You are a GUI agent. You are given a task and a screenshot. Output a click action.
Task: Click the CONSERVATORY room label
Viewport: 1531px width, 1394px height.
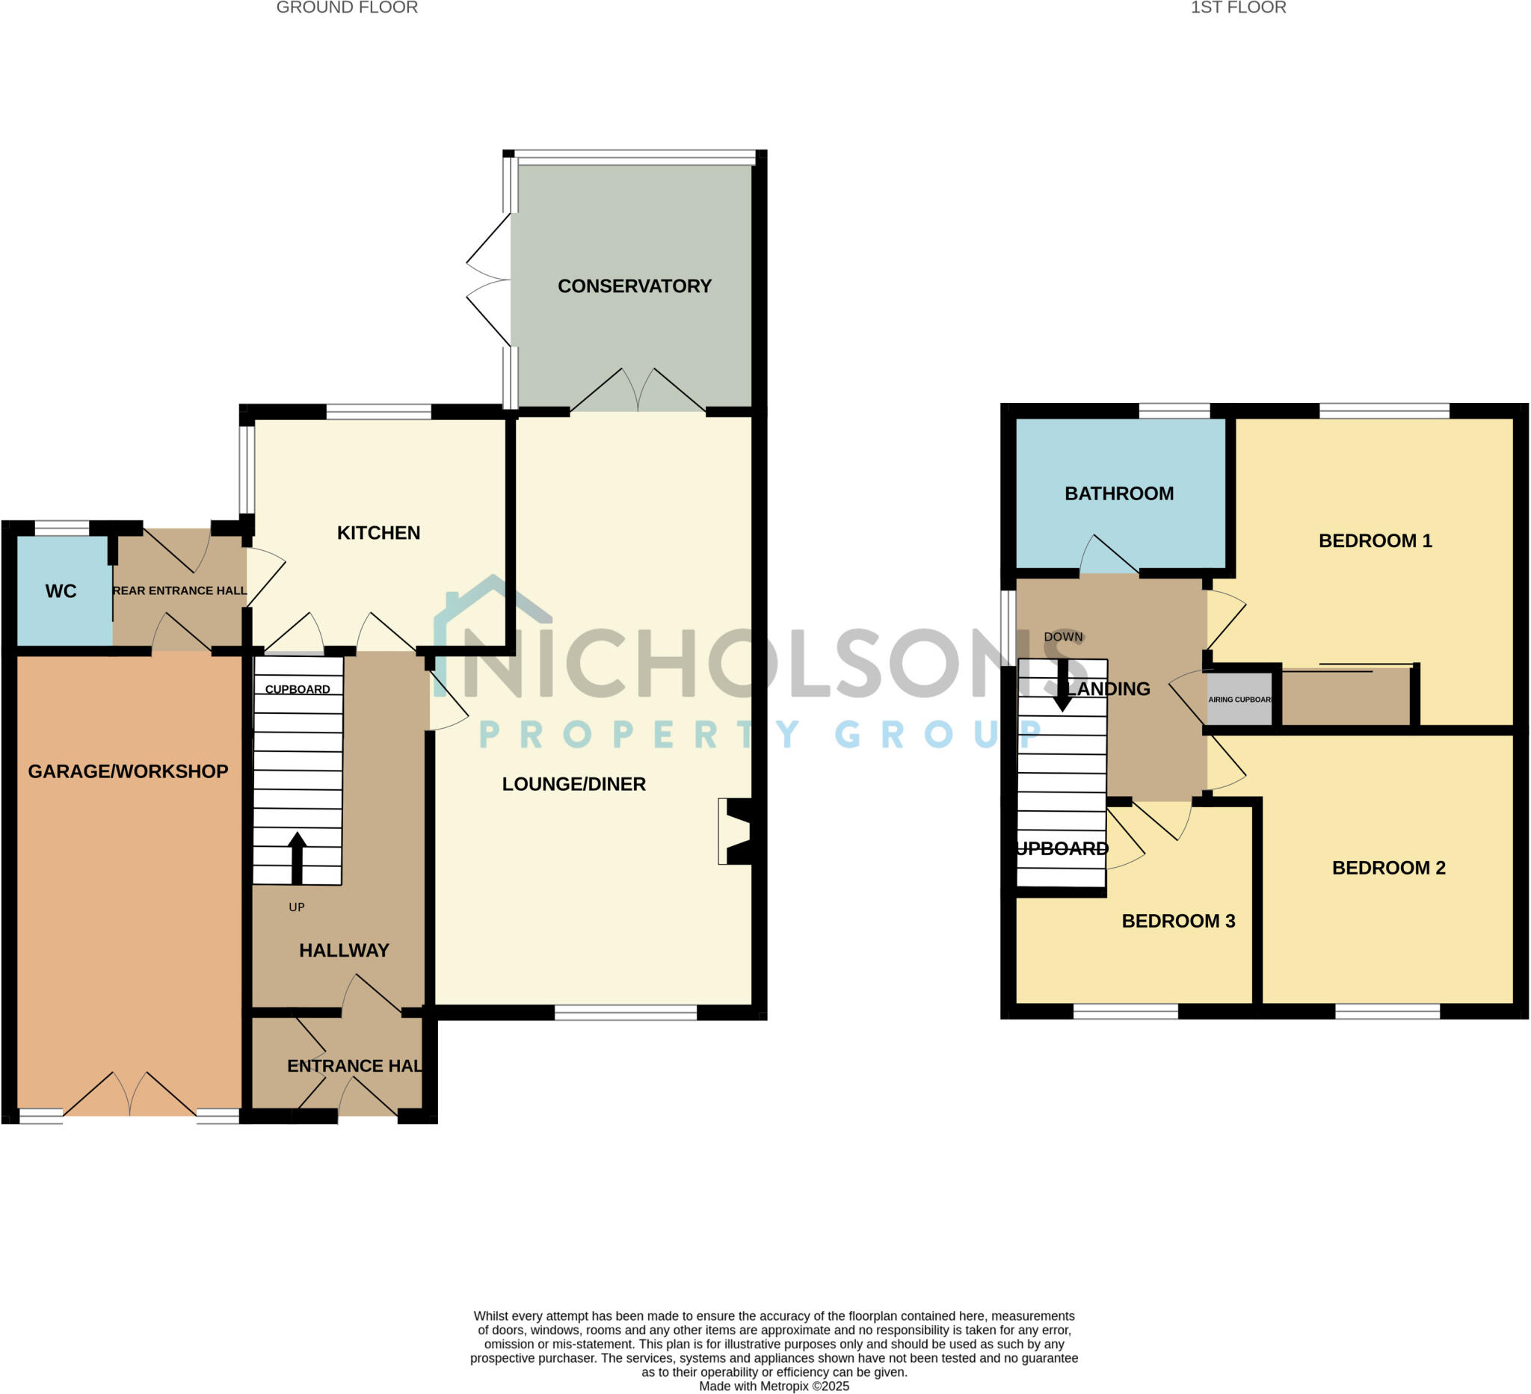point(634,286)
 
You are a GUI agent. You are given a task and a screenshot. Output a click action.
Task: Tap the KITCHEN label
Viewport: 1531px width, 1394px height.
point(378,533)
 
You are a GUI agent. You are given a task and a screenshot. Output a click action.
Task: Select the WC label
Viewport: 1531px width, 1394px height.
point(61,591)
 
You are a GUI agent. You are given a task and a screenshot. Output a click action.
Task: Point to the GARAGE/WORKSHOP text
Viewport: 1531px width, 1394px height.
point(128,771)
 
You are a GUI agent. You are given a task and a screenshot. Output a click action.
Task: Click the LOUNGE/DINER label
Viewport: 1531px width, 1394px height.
point(573,784)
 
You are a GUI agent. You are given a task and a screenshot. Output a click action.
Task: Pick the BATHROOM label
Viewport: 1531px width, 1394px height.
point(1118,493)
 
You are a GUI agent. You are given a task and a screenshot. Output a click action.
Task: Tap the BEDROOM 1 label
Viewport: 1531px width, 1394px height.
point(1375,540)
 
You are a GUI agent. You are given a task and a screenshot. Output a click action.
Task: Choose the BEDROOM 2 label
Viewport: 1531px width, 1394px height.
point(1388,868)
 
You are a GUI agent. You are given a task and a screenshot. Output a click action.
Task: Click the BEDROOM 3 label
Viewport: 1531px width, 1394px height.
point(1178,921)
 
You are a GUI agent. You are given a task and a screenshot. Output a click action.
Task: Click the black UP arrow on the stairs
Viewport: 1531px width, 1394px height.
point(297,858)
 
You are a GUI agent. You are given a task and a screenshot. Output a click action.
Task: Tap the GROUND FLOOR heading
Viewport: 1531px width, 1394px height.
point(347,7)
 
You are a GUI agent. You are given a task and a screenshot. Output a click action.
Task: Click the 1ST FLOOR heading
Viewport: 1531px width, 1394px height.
point(1238,7)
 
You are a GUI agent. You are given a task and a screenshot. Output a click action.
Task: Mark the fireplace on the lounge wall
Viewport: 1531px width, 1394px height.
point(735,831)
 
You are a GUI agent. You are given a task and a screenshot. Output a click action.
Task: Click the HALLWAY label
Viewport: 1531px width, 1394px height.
point(344,951)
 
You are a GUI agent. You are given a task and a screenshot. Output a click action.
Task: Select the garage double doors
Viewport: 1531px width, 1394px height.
point(130,1094)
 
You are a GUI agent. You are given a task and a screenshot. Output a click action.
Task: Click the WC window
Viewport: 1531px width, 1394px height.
point(62,528)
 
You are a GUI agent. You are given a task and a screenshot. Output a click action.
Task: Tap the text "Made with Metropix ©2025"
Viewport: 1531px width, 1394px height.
point(774,1387)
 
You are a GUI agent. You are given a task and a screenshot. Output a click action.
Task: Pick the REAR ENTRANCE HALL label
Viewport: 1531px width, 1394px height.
point(179,590)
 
